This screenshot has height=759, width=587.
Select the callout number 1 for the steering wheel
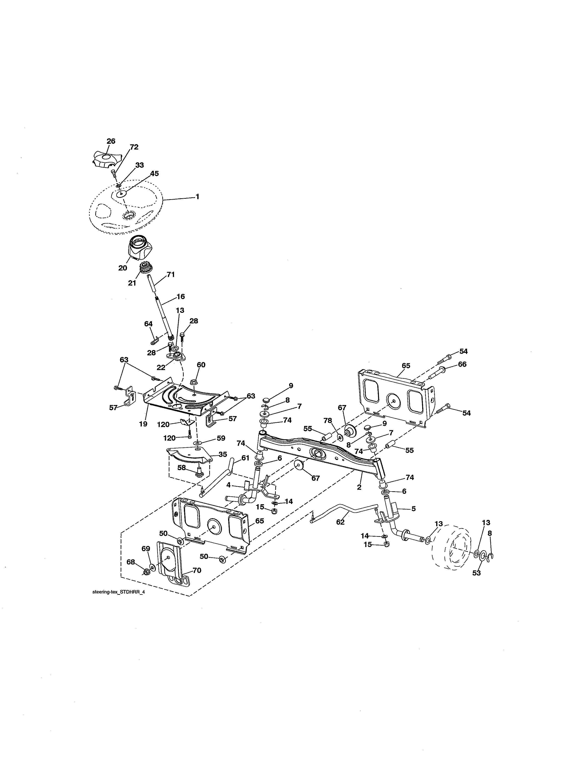tap(198, 197)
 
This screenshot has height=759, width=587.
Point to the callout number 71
tap(170, 275)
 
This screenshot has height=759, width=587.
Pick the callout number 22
tap(161, 367)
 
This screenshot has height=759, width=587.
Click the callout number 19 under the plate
tap(143, 424)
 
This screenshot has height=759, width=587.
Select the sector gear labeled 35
tap(189, 456)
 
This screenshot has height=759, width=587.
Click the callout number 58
tap(182, 468)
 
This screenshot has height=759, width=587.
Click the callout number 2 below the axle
tap(359, 488)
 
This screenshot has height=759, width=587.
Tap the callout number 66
tap(462, 364)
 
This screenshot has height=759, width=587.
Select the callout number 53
tap(477, 573)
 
